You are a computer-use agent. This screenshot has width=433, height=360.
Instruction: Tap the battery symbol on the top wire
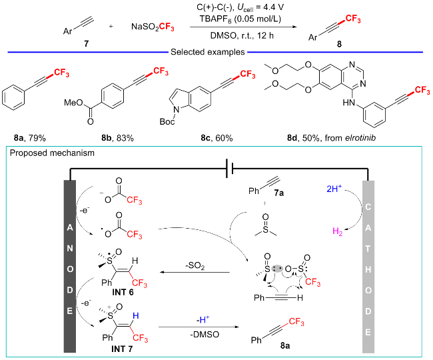[x=230, y=169]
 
